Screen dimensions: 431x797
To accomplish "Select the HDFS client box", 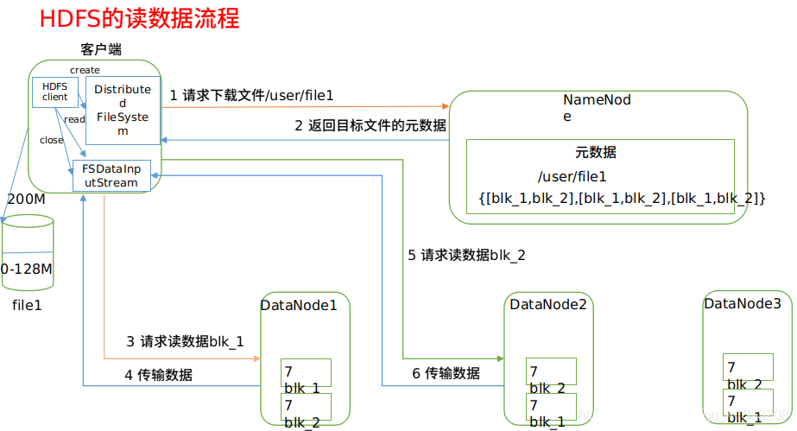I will (x=55, y=92).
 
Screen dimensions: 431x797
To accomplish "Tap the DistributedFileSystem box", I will (x=123, y=110).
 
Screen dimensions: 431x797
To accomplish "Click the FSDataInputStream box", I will (x=111, y=175).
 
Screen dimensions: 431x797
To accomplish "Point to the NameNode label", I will (x=597, y=107).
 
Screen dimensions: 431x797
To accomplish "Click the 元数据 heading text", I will (x=596, y=153).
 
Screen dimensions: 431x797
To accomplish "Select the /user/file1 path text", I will (x=566, y=176).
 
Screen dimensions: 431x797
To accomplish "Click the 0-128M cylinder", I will (x=27, y=251).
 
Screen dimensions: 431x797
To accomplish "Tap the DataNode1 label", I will (x=299, y=305).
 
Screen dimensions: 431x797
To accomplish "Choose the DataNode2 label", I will (x=548, y=304).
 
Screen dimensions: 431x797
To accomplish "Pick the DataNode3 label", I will (x=743, y=303).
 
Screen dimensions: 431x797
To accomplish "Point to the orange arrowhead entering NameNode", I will (x=445, y=106).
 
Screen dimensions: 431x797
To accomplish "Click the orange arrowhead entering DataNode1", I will (x=256, y=358).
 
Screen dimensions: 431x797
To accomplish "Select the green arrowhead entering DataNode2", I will (x=500, y=358).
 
